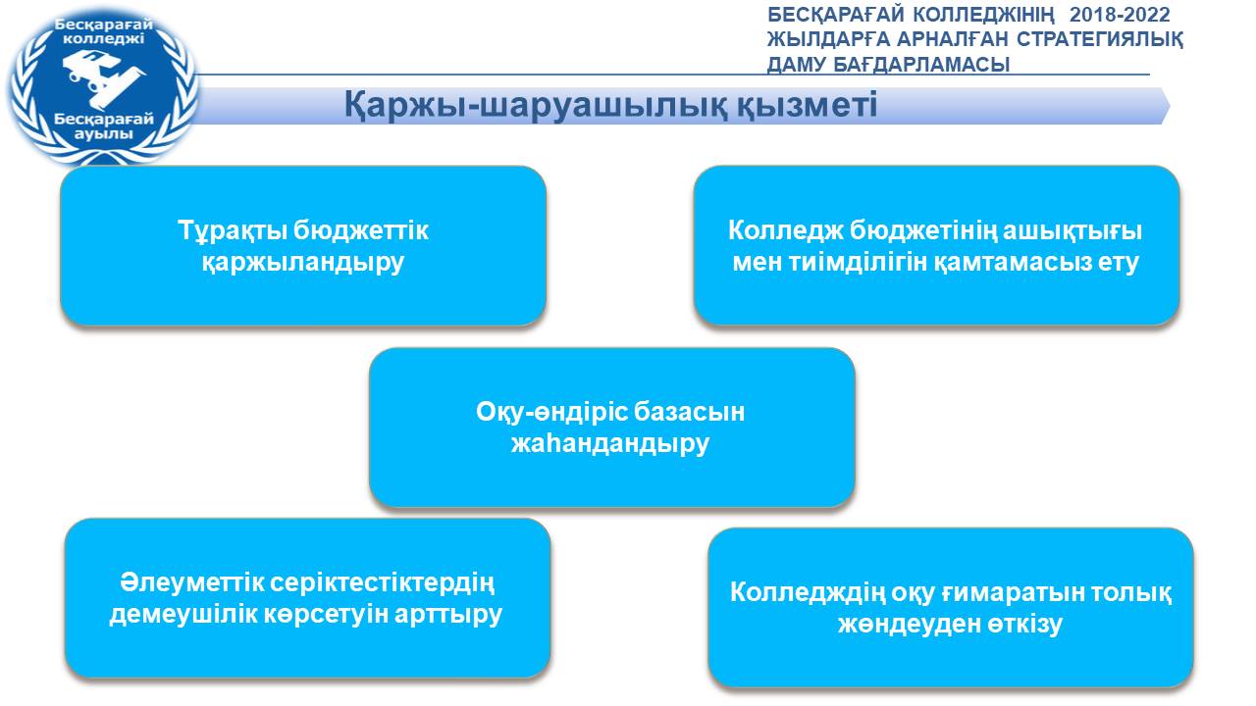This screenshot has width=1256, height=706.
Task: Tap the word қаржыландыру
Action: [303, 262]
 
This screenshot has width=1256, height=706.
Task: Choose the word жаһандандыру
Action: [610, 443]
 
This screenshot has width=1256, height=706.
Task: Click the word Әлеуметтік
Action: [191, 582]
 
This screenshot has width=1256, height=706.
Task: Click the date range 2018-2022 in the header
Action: [1120, 15]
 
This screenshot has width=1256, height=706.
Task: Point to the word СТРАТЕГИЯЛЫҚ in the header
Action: [1100, 39]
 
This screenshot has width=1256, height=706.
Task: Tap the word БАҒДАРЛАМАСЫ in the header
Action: [921, 65]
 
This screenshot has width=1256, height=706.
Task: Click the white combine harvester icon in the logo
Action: [104, 77]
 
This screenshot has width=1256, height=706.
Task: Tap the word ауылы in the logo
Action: [104, 134]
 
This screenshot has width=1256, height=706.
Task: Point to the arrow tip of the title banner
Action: [1170, 105]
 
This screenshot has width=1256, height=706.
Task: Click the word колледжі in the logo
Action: [104, 39]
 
